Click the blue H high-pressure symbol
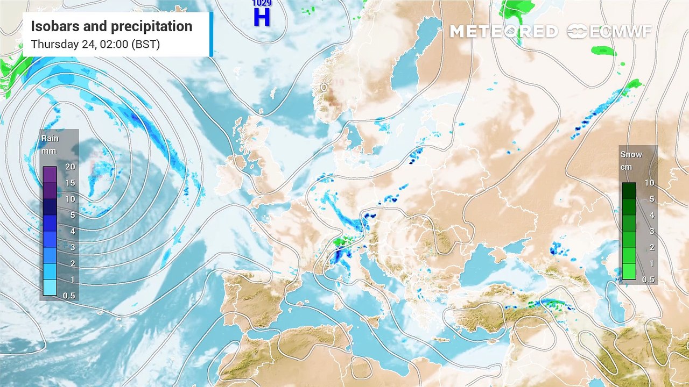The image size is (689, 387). pyautogui.click(x=262, y=17)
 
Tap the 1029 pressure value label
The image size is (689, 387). pyautogui.click(x=262, y=3)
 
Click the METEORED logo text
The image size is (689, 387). pyautogui.click(x=503, y=32)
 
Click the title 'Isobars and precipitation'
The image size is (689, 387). pyautogui.click(x=111, y=26)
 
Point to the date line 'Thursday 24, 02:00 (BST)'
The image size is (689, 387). pyautogui.click(x=95, y=44)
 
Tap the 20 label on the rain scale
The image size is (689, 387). pyautogui.click(x=70, y=167)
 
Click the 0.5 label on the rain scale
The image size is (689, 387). pyautogui.click(x=69, y=296)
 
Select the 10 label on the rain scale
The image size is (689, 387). pyautogui.click(x=70, y=199)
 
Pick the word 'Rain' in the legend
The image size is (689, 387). pyautogui.click(x=50, y=139)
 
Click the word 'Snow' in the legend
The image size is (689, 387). pyautogui.click(x=631, y=154)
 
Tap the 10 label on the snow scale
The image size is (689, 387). pyautogui.click(x=649, y=183)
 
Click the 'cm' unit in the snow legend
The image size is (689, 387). pyautogui.click(x=626, y=167)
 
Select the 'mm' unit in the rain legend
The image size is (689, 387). pyautogui.click(x=49, y=152)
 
